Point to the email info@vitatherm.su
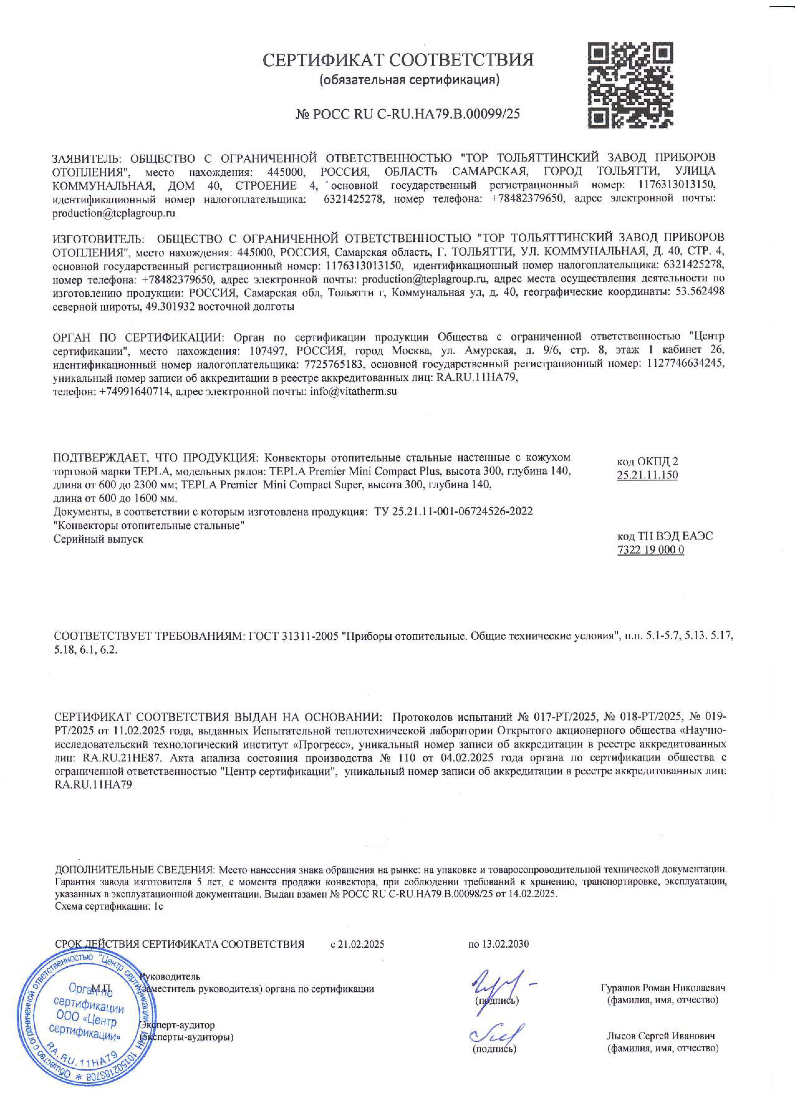(x=353, y=391)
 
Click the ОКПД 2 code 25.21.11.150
(x=647, y=475)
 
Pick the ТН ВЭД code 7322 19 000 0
(x=650, y=550)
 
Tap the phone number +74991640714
(x=135, y=391)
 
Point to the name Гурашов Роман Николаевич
(x=663, y=988)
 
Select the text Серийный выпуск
(x=98, y=539)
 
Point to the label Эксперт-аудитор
(x=177, y=1025)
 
